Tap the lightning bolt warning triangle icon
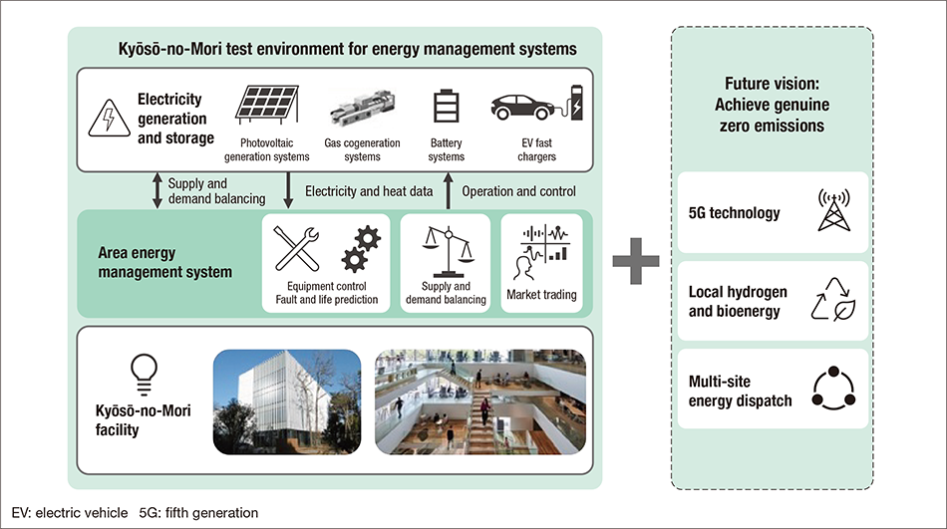pyautogui.click(x=107, y=119)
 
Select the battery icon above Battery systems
pyautogui.click(x=445, y=112)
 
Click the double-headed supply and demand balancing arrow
pyautogui.click(x=156, y=189)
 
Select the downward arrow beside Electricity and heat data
pyautogui.click(x=289, y=189)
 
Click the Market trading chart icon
pyautogui.click(x=541, y=253)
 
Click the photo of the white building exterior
pyautogui.click(x=287, y=399)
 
